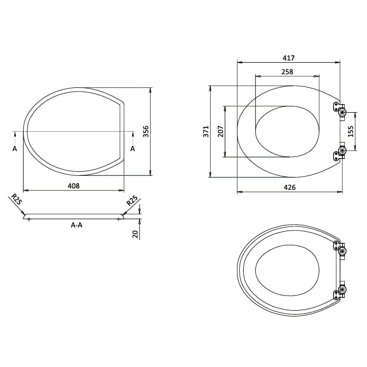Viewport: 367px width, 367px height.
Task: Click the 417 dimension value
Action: click(x=289, y=58)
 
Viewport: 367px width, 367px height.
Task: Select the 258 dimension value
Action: click(x=287, y=72)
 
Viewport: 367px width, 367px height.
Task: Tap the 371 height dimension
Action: click(x=206, y=131)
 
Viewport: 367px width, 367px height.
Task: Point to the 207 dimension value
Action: click(x=220, y=131)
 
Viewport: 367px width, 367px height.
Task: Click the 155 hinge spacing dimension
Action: click(x=351, y=131)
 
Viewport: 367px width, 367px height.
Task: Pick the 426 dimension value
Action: click(x=290, y=187)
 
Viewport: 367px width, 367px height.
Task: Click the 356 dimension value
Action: click(x=147, y=131)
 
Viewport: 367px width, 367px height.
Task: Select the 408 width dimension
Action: click(x=73, y=185)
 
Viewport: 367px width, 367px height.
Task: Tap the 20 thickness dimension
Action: click(x=135, y=233)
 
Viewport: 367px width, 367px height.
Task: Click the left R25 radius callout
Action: click(x=16, y=200)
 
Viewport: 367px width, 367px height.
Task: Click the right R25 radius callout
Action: click(x=132, y=200)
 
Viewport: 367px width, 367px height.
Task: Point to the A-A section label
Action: click(x=76, y=225)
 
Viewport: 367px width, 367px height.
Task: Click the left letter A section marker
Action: click(x=15, y=149)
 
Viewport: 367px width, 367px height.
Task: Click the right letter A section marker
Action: click(x=132, y=149)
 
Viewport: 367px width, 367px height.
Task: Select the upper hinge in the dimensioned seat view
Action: click(x=340, y=109)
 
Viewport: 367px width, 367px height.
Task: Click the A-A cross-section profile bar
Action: click(x=74, y=216)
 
